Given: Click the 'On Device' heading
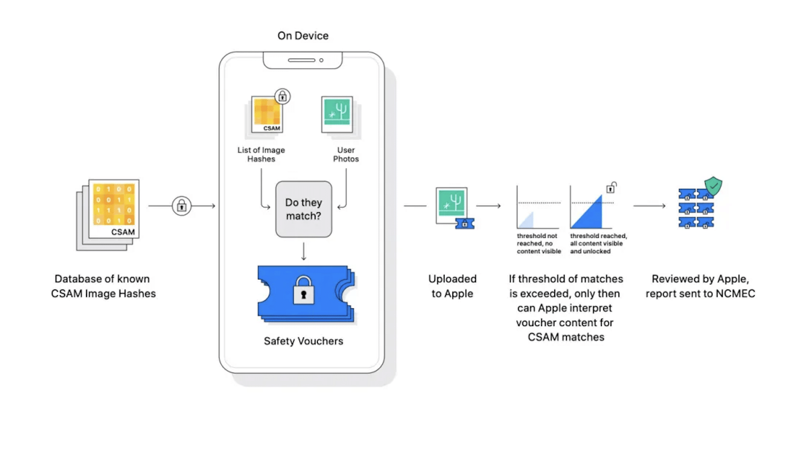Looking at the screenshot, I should (303, 36).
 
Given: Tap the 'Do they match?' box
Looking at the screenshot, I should (303, 209).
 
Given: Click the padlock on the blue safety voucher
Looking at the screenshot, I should (303, 290).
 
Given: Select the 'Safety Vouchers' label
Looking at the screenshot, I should (303, 341).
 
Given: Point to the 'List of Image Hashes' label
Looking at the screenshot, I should (261, 154).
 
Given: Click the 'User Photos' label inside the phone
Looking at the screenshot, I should (346, 154).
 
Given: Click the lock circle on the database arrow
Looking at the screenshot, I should (182, 206).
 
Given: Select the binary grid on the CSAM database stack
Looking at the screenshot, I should (114, 204).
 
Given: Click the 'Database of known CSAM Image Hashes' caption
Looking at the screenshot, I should (103, 286).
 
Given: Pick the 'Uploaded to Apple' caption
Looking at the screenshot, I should (452, 286).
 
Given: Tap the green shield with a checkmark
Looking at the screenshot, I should (713, 186).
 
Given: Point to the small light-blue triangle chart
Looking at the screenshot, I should (527, 221).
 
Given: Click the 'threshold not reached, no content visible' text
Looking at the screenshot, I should (538, 244).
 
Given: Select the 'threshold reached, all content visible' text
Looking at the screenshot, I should (598, 244).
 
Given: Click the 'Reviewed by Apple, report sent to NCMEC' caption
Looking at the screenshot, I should (700, 286).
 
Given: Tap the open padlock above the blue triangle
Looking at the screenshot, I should (611, 187).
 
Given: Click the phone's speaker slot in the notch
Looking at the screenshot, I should (302, 60).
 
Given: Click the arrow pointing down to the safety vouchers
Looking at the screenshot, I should (303, 251).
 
